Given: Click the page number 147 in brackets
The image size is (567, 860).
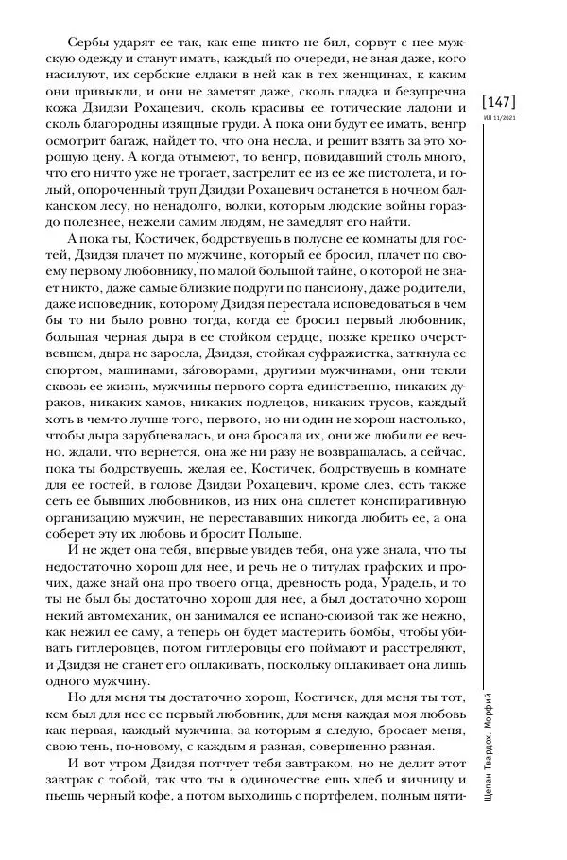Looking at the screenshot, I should tap(500, 101).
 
